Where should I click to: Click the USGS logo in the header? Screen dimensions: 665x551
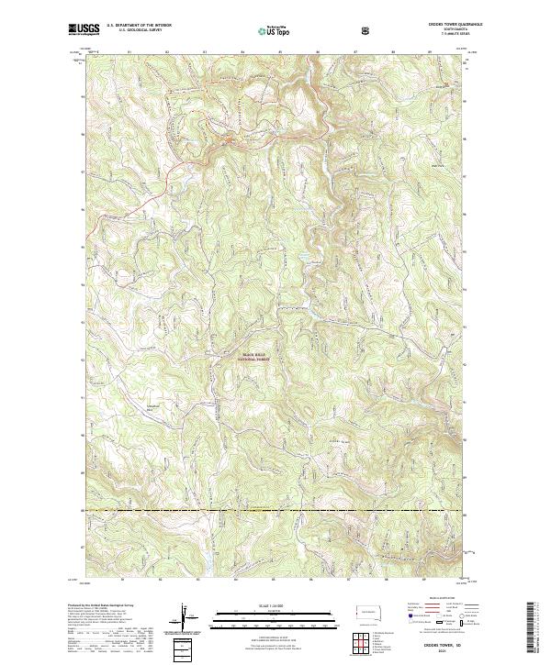(x=84, y=29)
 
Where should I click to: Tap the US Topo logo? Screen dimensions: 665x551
(x=264, y=31)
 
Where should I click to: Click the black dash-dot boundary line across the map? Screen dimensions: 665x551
(x=275, y=510)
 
